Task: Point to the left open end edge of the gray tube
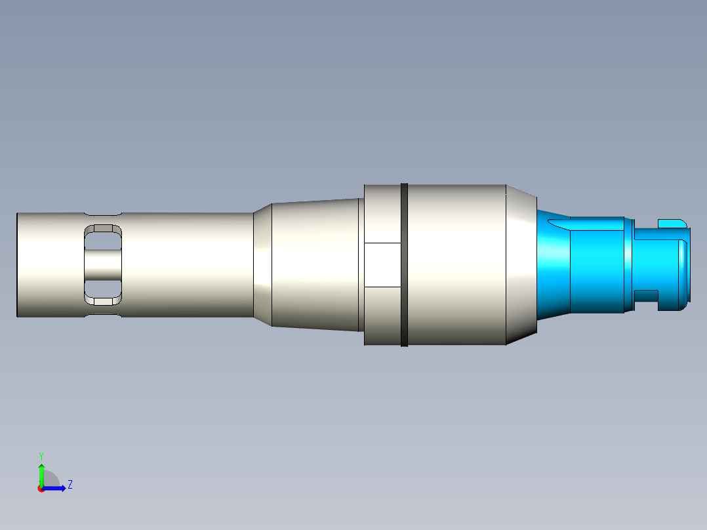click(18, 265)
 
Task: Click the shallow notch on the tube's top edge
click(103, 214)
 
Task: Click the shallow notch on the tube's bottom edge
click(103, 316)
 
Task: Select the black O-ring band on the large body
click(404, 265)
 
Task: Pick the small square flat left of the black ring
click(382, 265)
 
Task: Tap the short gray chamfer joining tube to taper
click(263, 265)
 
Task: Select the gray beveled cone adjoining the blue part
click(521, 265)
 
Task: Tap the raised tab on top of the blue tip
click(670, 222)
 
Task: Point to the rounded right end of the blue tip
click(685, 265)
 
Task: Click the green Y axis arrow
click(41, 471)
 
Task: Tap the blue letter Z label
click(70, 485)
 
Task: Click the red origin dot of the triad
click(41, 489)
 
